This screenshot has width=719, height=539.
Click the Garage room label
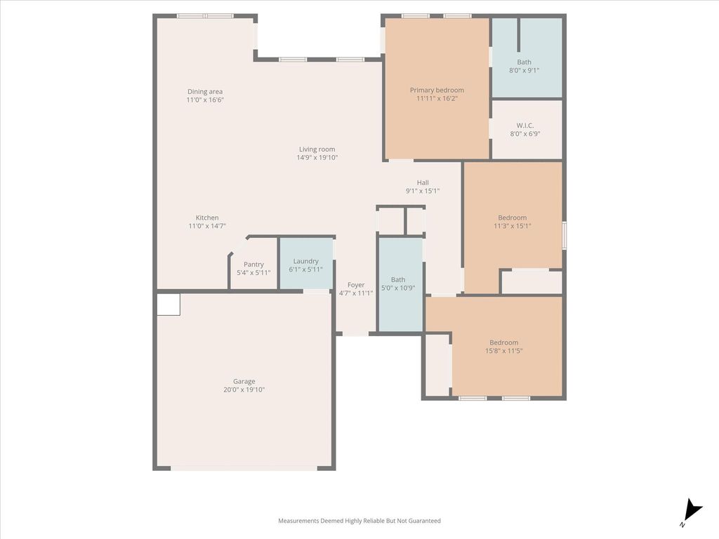pos(244,381)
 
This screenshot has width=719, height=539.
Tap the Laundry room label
pos(306,261)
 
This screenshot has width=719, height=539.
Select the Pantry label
pos(253,265)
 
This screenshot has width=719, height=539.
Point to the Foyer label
pos(356,285)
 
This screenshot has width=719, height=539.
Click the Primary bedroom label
pos(437,91)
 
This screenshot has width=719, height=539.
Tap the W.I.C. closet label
pos(525,126)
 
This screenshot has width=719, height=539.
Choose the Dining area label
pos(205,92)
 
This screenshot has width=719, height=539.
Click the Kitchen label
pos(207,218)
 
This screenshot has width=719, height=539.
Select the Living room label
pos(317,149)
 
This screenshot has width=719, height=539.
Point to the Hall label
pos(423,183)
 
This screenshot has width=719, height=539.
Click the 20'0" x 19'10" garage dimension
pos(244,390)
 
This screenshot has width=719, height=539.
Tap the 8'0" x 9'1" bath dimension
pos(524,71)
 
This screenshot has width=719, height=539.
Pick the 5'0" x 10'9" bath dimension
pos(398,288)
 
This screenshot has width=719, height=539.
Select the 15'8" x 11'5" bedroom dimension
pos(504,351)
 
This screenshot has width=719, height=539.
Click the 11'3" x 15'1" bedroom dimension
pos(512,226)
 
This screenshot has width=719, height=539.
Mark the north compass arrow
pos(693,511)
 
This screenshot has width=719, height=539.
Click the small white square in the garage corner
pos(169,305)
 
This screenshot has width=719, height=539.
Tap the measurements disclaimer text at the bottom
pos(359,521)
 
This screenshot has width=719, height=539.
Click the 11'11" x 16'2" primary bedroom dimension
pos(437,98)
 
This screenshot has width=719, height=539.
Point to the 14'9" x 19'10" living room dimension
pos(317,158)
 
